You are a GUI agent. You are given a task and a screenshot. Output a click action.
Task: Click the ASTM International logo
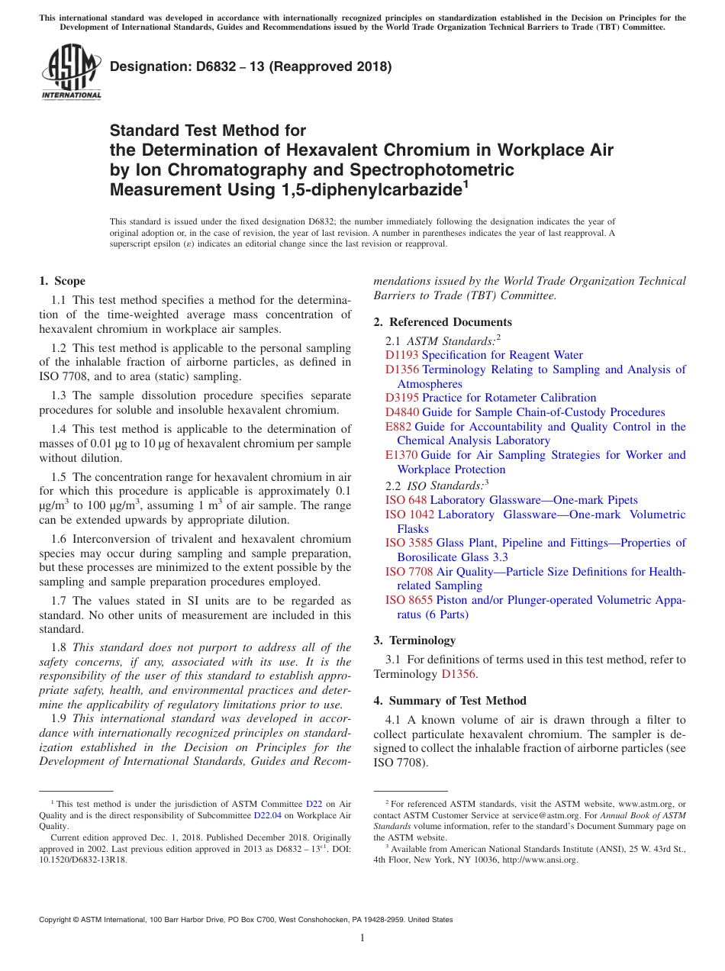click(x=71, y=72)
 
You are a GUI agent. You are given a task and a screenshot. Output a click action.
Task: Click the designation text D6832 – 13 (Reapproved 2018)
click(x=251, y=66)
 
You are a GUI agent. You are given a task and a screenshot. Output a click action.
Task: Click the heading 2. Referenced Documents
click(x=443, y=322)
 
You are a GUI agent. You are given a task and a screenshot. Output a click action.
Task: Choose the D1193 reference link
click(x=401, y=355)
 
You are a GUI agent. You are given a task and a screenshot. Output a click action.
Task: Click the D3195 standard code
click(x=401, y=398)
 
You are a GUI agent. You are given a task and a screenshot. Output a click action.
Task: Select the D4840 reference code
click(x=401, y=412)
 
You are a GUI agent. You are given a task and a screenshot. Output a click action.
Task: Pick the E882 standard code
click(x=398, y=427)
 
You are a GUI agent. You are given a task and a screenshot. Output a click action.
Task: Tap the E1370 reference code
click(x=401, y=455)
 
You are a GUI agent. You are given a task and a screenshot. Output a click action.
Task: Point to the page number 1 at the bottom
click(x=362, y=938)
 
